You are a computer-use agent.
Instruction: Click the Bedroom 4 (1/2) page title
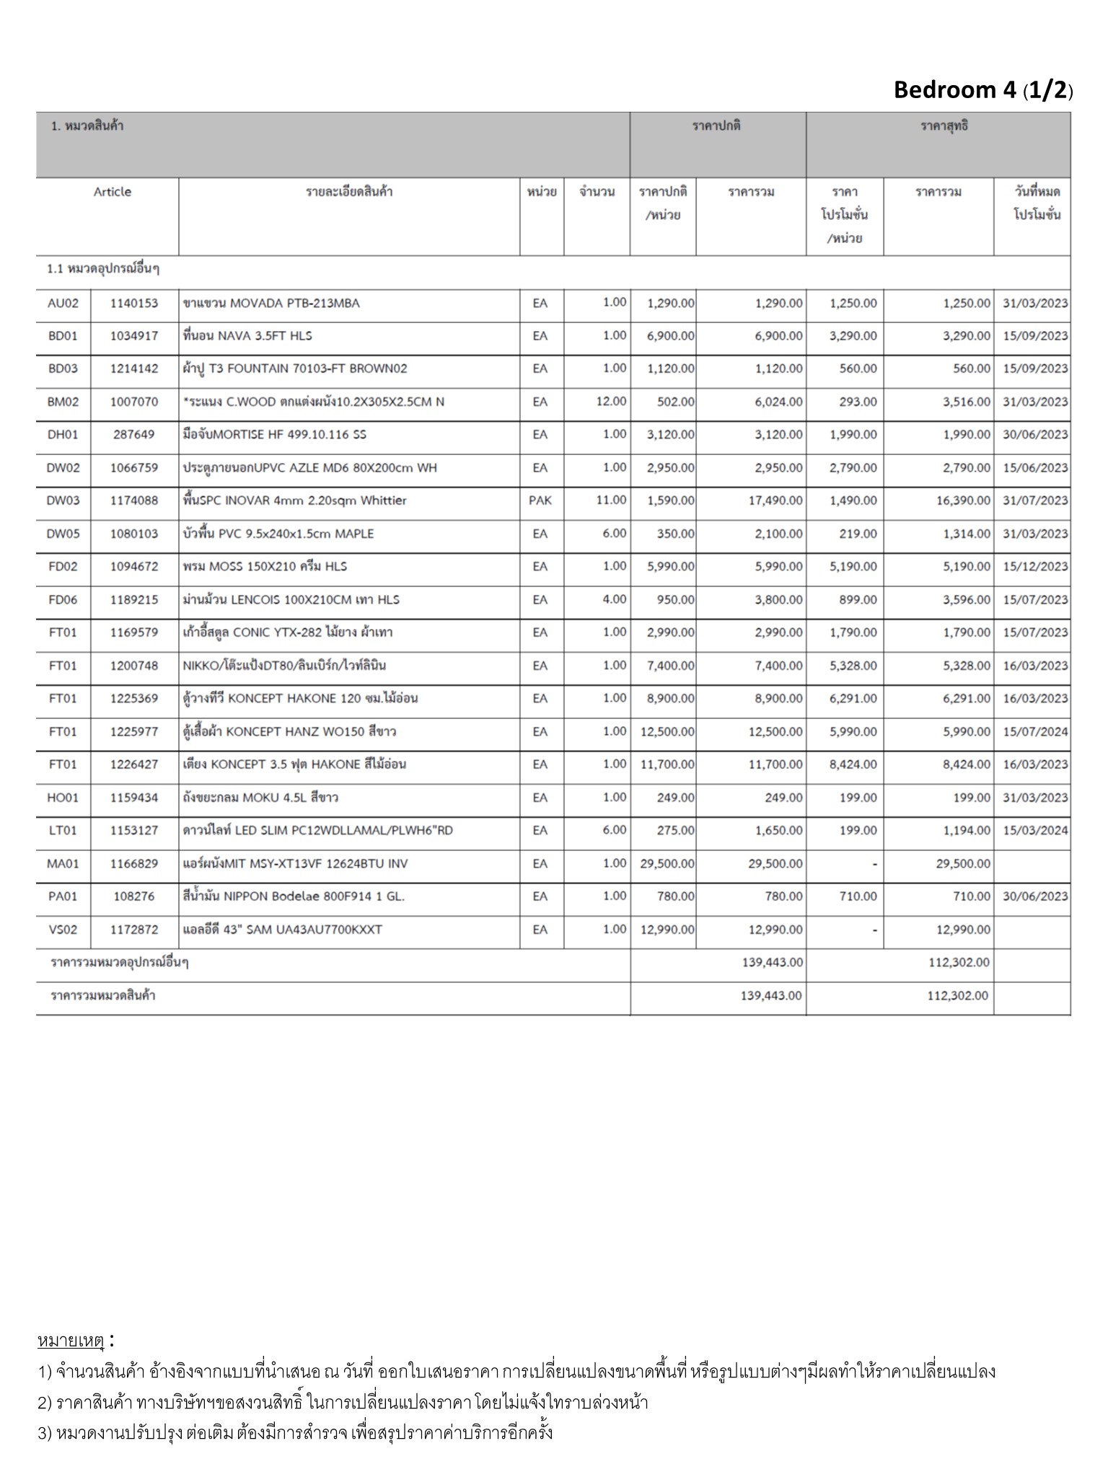(x=982, y=90)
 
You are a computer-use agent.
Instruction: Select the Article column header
(x=113, y=192)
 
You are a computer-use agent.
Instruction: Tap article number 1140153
(x=134, y=304)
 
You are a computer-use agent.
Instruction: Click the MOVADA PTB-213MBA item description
(x=271, y=304)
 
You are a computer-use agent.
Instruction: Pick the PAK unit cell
(x=540, y=501)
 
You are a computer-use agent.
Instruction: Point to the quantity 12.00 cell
(x=611, y=401)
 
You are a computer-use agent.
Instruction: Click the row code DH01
(x=63, y=435)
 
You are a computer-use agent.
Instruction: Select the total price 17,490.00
(x=775, y=501)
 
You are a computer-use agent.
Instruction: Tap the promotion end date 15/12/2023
(x=1034, y=567)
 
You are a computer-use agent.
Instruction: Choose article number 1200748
(x=134, y=666)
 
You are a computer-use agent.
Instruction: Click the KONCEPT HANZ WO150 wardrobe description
(x=289, y=732)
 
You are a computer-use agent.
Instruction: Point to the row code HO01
(x=63, y=798)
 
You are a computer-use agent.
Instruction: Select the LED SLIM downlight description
(x=317, y=831)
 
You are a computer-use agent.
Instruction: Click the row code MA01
(x=63, y=864)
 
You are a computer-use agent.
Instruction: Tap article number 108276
(x=134, y=896)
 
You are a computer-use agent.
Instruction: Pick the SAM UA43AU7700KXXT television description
(x=283, y=930)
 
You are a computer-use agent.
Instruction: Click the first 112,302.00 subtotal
(x=958, y=963)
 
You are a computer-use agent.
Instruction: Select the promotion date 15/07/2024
(x=1034, y=732)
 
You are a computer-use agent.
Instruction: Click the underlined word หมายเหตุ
(x=71, y=1342)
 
